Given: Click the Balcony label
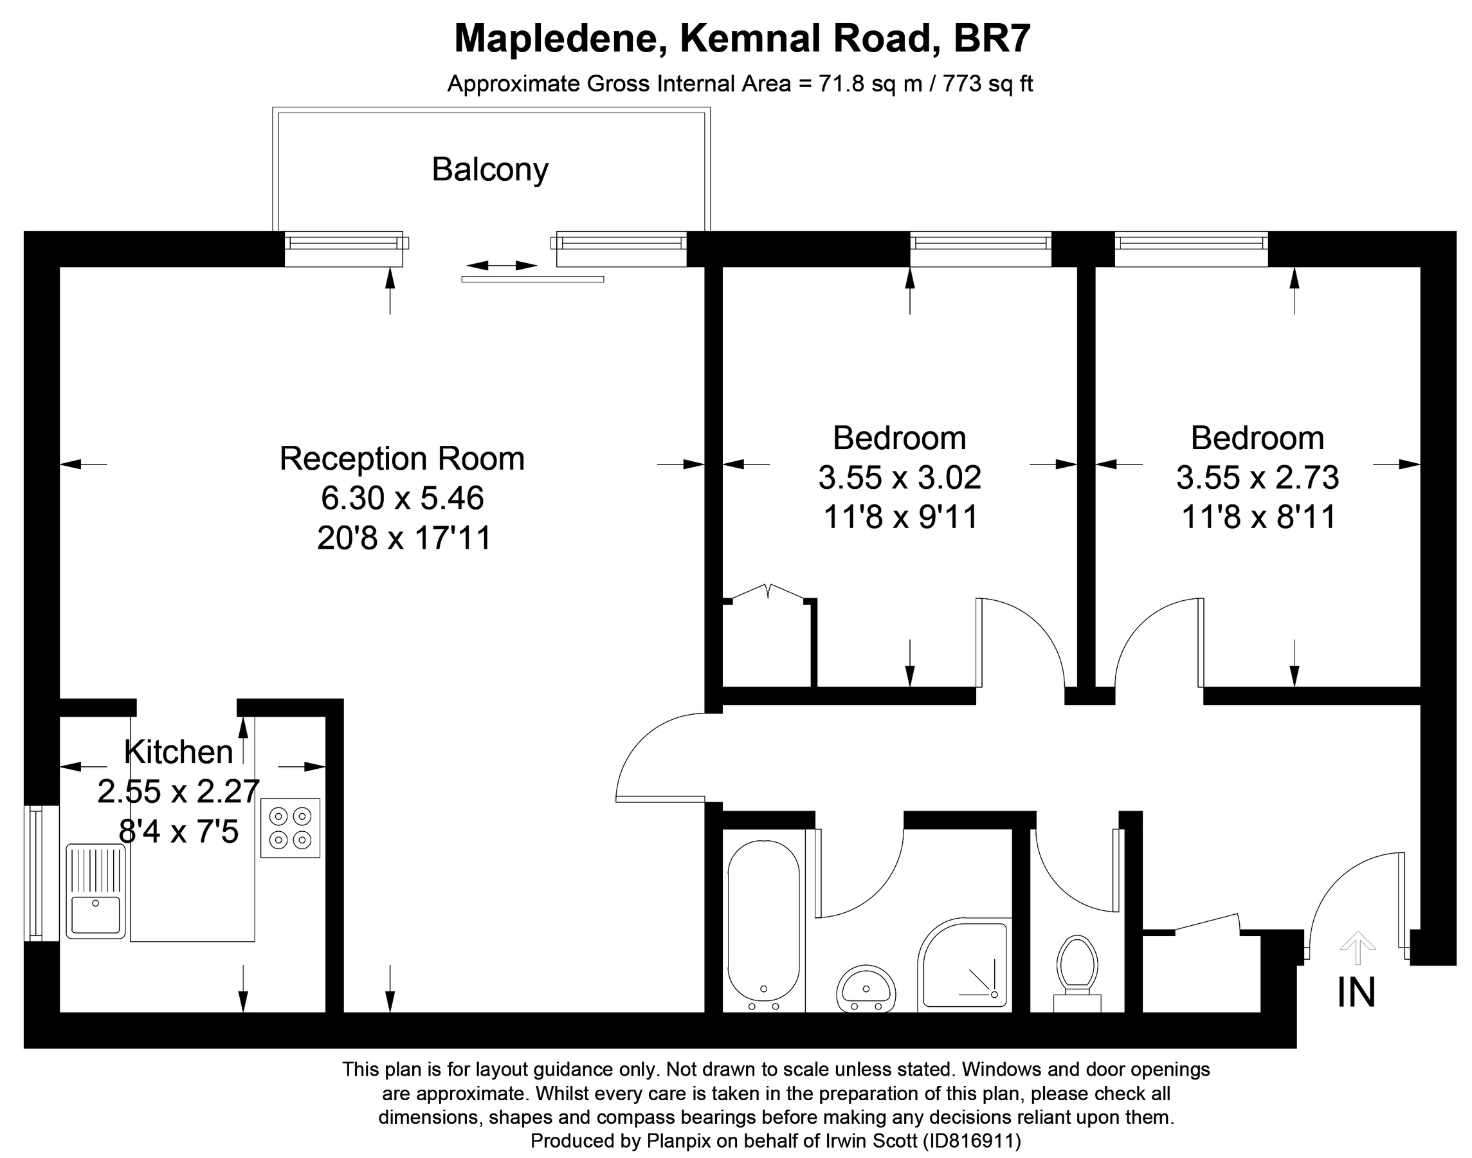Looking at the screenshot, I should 489,169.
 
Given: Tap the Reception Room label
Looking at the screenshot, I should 402,459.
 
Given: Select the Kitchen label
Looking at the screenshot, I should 178,752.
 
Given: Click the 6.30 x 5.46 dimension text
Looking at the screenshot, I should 402,499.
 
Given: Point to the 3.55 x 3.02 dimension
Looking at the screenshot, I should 899,478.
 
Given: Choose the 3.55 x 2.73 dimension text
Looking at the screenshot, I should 1257,478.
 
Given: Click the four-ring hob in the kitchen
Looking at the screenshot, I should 290,828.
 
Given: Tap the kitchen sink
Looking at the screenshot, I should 96,891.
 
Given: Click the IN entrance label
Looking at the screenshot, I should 1356,993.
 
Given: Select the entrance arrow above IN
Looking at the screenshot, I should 1358,947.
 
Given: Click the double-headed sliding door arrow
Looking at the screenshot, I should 502,265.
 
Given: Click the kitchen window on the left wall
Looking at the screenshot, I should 34,872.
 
